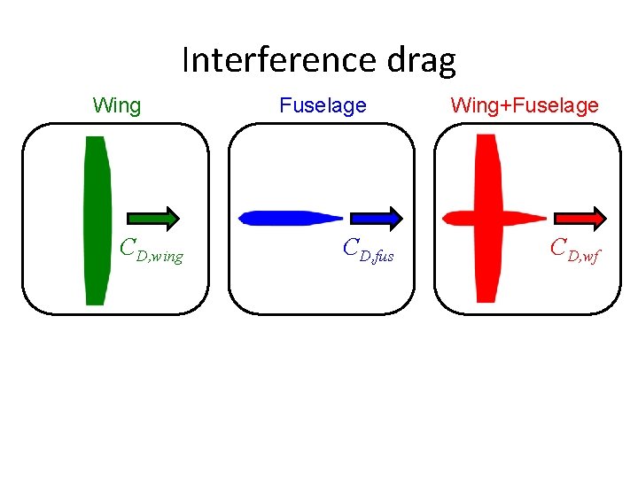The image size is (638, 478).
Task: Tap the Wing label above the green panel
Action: [117, 106]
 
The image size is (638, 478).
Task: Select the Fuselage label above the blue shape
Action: [323, 106]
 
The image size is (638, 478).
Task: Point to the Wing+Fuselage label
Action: [525, 106]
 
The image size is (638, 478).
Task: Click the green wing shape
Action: [96, 221]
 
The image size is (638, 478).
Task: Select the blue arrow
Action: [377, 218]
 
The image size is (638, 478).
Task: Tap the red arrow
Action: [580, 218]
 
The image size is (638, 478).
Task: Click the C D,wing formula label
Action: [152, 251]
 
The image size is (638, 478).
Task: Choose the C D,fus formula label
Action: [368, 251]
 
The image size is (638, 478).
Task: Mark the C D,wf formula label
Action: [575, 251]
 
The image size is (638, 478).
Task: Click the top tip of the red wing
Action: [486, 138]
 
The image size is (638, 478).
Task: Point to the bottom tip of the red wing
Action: [486, 298]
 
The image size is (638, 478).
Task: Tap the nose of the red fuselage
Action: [446, 218]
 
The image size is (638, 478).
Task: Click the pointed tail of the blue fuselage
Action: [340, 218]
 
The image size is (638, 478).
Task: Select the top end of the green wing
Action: [96, 140]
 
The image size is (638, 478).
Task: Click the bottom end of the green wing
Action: [96, 302]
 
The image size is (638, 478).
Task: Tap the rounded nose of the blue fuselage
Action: [243, 218]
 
